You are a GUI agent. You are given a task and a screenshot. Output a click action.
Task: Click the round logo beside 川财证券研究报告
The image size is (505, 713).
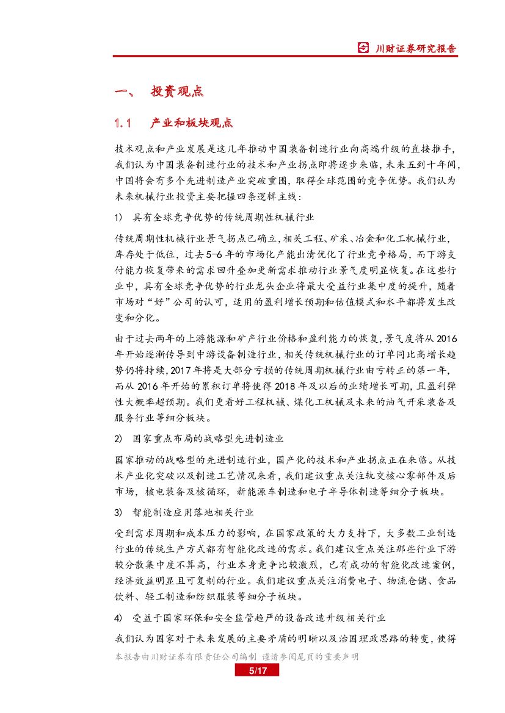363,48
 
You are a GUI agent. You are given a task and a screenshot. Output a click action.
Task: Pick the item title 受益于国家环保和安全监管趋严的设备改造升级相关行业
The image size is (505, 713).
259,618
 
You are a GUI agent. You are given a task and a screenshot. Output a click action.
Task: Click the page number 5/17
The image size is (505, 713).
256,671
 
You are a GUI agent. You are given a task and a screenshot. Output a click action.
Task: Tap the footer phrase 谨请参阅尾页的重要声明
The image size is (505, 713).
310,657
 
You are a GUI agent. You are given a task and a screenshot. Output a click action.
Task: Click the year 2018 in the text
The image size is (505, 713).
287,386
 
